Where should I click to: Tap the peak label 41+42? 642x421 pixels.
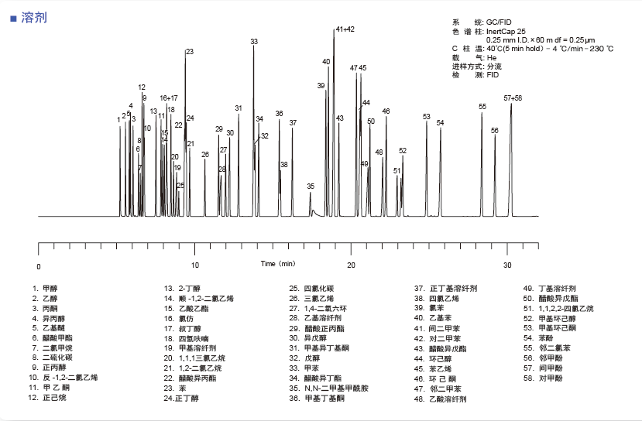click(345, 29)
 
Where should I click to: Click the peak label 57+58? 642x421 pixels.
click(513, 98)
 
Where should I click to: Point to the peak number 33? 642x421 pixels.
click(254, 41)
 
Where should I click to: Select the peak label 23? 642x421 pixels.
click(190, 52)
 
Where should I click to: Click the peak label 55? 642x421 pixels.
click(482, 107)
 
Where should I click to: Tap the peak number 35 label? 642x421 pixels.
click(311, 187)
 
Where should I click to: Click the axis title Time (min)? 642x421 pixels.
click(278, 264)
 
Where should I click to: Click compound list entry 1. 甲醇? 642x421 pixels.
click(45, 288)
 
